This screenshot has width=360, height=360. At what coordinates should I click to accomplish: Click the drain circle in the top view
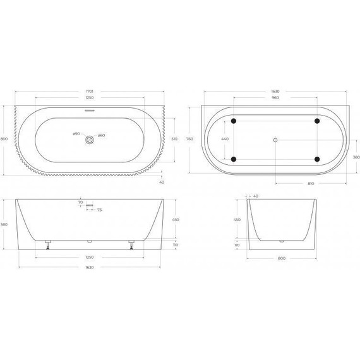coord(89,139)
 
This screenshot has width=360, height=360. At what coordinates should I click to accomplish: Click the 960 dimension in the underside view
coord(275,99)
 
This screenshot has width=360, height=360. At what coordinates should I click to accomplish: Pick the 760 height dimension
coord(189,139)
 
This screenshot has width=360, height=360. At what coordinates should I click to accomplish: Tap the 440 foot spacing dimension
coord(224,139)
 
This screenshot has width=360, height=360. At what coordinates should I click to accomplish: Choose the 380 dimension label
coord(356,157)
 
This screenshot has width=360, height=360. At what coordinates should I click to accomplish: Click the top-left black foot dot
coord(234,120)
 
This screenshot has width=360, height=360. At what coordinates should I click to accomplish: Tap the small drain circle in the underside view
coord(275,139)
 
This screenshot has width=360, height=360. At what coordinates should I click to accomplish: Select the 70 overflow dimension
coord(81,203)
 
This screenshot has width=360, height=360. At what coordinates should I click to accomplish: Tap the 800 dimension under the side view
coord(281,258)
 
